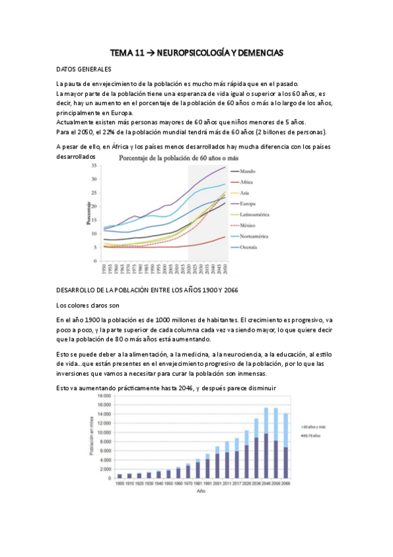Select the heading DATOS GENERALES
tap(83, 69)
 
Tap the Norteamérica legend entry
tap(255, 236)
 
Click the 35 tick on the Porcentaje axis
tap(94, 167)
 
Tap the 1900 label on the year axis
tap(119, 483)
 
